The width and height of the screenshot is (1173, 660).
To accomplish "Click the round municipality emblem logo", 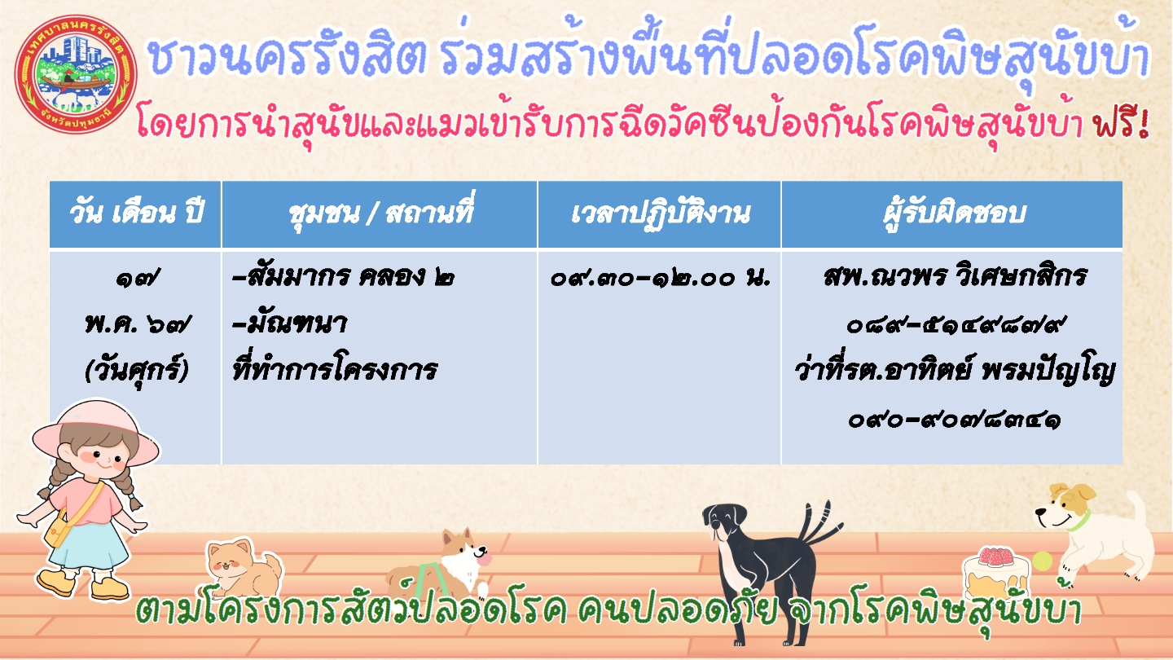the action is tap(77, 74).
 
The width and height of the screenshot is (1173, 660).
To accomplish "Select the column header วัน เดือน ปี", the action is tap(136, 213).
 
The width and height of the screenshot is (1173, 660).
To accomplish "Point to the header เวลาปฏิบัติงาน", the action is tap(661, 213).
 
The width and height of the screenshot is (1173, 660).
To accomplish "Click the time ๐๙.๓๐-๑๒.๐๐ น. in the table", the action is tap(661, 278).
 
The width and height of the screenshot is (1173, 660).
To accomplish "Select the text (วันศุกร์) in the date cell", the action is tap(136, 369).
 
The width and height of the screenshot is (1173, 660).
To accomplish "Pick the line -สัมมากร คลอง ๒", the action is tap(343, 276).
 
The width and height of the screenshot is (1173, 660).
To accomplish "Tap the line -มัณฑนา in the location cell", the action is tap(290, 323).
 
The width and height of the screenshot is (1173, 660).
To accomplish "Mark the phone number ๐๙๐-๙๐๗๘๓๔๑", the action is tap(954, 419).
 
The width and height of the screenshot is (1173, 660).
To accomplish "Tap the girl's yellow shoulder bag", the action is tap(58, 531).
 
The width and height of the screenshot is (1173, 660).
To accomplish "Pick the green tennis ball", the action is tap(1042, 561).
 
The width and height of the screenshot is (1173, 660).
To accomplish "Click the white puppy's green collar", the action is tap(1079, 521).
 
